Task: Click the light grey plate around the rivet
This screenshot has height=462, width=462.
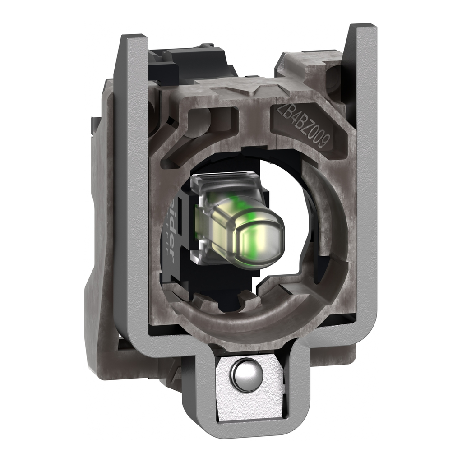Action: click(x=266, y=393)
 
